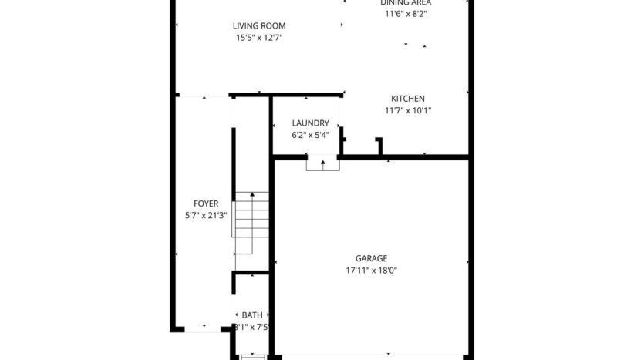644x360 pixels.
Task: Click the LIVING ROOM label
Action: (259, 25)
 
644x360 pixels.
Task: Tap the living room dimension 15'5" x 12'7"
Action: (259, 37)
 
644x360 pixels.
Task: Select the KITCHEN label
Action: (407, 99)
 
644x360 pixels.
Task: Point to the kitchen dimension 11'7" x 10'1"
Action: (407, 110)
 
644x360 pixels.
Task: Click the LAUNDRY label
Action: (310, 123)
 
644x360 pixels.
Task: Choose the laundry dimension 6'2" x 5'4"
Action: (310, 135)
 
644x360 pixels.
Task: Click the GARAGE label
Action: (371, 258)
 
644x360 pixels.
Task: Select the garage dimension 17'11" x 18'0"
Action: (371, 270)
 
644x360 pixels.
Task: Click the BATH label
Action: (252, 315)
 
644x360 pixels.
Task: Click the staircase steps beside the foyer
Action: (252, 224)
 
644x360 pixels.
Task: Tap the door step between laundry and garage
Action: (322, 163)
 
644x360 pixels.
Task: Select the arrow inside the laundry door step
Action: (322, 163)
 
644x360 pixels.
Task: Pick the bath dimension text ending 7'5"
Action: (252, 326)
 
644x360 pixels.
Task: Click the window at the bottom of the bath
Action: (252, 356)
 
